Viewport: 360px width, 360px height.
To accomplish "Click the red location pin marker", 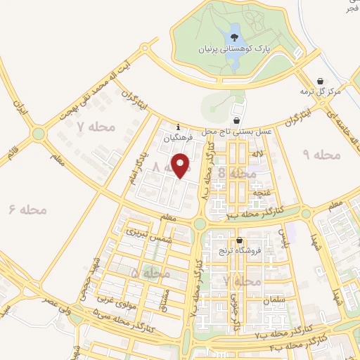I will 182,166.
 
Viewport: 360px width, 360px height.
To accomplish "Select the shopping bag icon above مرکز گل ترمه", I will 321,81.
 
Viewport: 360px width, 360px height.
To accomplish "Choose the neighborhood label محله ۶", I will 27,209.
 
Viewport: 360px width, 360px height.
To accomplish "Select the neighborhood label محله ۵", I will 145,271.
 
